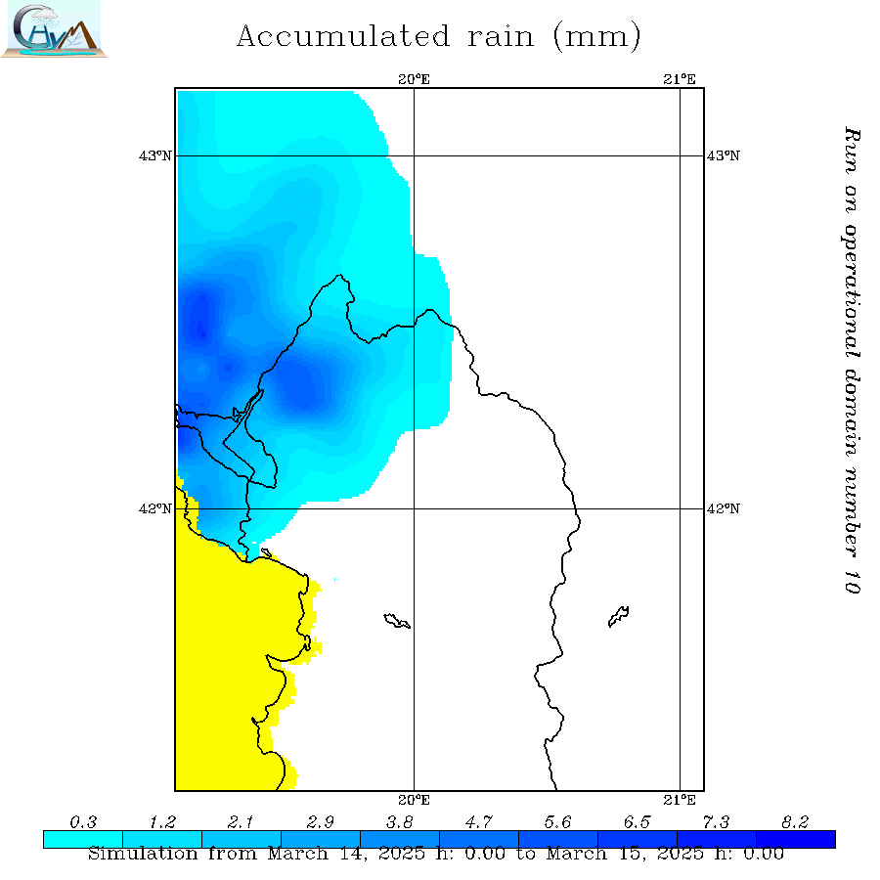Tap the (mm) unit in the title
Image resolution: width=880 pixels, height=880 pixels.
596,37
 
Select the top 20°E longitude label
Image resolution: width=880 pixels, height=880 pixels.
415,79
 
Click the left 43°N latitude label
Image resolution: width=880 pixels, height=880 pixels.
159,155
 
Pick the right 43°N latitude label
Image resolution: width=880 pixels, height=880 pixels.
724,155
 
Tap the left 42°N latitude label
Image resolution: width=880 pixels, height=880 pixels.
159,508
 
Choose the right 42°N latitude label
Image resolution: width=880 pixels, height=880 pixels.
724,508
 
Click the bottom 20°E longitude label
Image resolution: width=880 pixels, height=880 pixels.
415,800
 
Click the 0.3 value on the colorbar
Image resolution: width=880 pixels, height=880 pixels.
83,821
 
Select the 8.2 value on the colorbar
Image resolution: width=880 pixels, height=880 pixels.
795,821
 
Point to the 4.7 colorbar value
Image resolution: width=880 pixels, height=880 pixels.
479,821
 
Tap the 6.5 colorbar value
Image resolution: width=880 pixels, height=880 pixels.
637,821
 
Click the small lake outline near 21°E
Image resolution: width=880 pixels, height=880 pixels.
618,616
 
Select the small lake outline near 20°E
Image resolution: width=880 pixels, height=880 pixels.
397,620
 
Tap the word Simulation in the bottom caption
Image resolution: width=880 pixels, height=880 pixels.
143,854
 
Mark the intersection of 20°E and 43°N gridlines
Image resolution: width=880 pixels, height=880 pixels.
415,155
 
